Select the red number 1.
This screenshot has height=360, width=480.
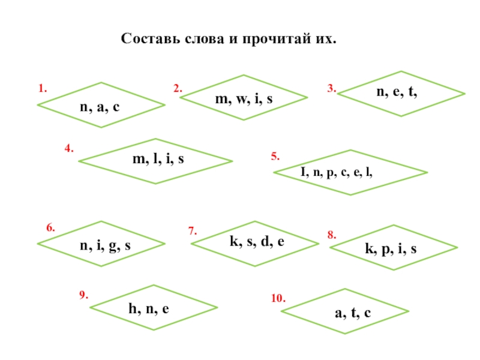42,88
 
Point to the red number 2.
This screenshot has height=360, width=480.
178,88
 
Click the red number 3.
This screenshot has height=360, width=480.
331,88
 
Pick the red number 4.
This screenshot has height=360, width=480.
69,148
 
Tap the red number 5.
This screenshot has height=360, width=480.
275,157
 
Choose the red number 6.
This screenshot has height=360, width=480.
51,229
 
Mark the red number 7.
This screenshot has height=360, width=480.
193,230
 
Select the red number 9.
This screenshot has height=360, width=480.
84,295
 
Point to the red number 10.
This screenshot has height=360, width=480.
278,298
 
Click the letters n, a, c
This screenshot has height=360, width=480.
100,106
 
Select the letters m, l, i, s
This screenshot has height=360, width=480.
158,160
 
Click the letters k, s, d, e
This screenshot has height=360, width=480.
257,242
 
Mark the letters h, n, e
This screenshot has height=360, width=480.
149,309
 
